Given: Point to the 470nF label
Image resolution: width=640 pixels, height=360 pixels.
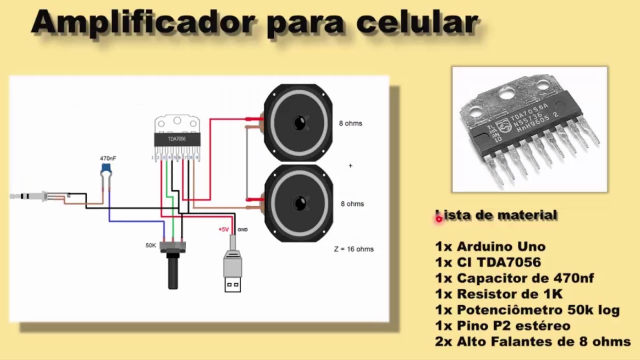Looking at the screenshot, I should click(108, 158).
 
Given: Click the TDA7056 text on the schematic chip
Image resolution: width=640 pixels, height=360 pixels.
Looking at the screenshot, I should click(177, 139).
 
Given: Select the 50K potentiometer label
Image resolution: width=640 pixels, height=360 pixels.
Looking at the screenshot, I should click(151, 245).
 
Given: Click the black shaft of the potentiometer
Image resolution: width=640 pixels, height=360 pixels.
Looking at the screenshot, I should click(173, 272).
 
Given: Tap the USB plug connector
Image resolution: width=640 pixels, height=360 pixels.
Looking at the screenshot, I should click(232, 272).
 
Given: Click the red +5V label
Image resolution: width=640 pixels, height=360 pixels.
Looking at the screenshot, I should click(223, 230).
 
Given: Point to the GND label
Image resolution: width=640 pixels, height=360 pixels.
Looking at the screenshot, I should click(242, 230).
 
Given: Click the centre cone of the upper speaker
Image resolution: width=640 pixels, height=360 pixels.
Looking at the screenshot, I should click(299, 123).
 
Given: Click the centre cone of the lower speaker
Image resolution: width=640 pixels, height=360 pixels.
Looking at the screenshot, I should click(299, 203).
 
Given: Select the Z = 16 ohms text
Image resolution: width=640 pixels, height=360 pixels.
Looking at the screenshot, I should click(354, 249).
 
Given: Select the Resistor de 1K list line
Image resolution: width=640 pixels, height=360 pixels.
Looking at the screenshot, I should click(499, 294).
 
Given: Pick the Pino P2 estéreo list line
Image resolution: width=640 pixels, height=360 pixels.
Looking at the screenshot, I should click(502, 326).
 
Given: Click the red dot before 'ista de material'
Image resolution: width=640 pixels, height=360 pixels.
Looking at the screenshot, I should click(439, 219).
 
